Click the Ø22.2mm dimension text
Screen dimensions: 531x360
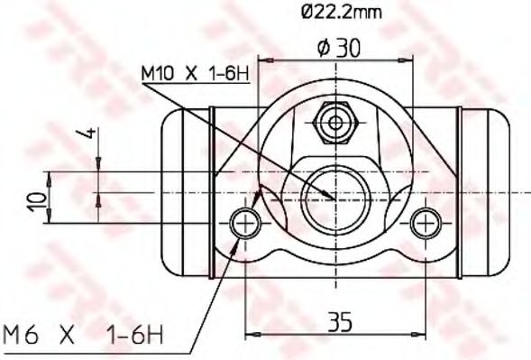click(x=342, y=13)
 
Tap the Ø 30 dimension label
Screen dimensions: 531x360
click(x=339, y=48)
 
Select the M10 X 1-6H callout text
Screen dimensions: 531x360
click(x=196, y=74)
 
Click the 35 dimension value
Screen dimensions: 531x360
click(x=340, y=322)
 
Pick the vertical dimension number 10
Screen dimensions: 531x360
click(x=37, y=202)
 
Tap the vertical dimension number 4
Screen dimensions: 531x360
click(x=87, y=134)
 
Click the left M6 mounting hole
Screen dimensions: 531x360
click(x=245, y=224)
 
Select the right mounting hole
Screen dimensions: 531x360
click(x=426, y=224)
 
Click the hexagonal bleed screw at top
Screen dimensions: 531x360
click(x=335, y=123)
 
